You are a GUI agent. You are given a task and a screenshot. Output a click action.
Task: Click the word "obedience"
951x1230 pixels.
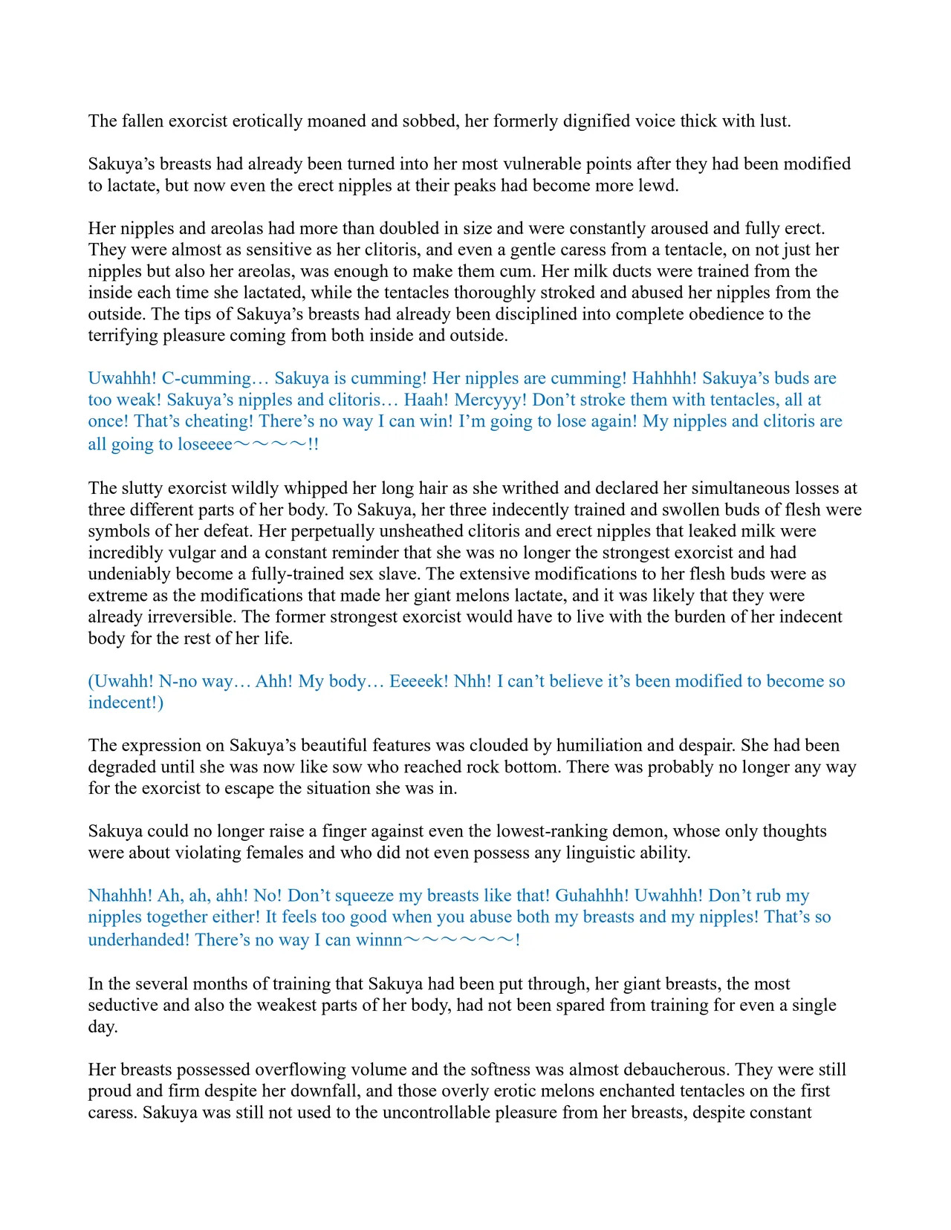pos(720,314)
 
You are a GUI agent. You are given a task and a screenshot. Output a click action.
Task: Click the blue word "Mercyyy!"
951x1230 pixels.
pos(490,400)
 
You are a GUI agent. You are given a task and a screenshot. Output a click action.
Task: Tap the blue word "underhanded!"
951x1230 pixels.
pos(138,940)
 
